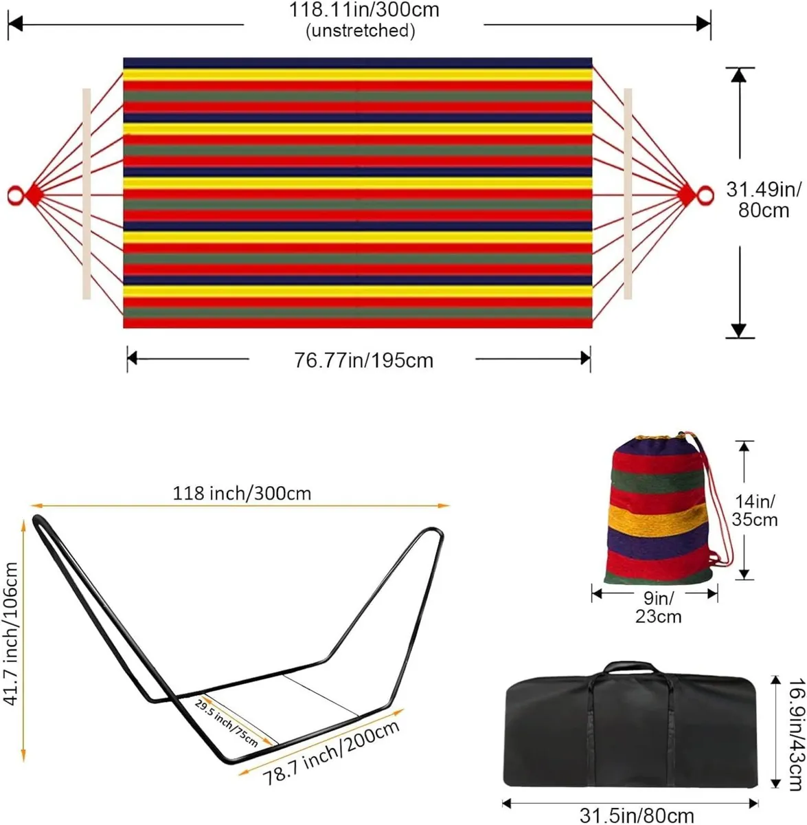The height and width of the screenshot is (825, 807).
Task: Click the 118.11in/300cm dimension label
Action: point(363,10)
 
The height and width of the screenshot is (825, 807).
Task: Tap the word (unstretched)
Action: point(362,30)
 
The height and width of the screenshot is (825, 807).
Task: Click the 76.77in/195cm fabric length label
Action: point(363,360)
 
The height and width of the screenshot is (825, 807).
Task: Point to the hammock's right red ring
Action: point(703,196)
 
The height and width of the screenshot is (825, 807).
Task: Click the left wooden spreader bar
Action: point(86,194)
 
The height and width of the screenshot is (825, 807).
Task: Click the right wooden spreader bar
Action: point(628,194)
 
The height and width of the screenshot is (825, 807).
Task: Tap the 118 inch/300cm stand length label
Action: point(242,493)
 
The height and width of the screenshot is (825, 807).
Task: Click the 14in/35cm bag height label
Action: point(755,509)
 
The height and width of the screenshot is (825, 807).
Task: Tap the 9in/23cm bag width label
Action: point(657,606)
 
